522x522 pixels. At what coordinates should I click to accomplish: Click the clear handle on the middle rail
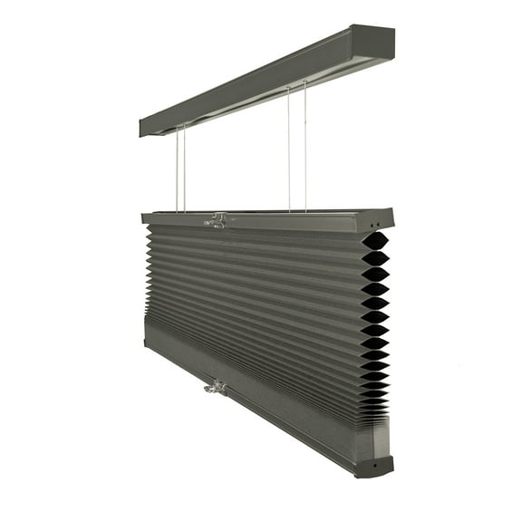216,220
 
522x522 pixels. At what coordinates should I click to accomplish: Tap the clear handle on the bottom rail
216,387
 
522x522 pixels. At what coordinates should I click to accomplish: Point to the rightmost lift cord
305,145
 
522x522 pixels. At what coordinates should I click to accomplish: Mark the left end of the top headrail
143,128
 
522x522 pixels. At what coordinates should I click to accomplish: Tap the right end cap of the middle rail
382,220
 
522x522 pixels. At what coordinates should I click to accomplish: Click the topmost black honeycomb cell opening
375,241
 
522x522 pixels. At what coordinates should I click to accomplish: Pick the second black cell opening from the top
375,257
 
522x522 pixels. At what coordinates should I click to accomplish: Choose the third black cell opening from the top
375,274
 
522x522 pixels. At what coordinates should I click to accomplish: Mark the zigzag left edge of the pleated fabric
148,272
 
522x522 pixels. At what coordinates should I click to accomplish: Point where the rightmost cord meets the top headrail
305,82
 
